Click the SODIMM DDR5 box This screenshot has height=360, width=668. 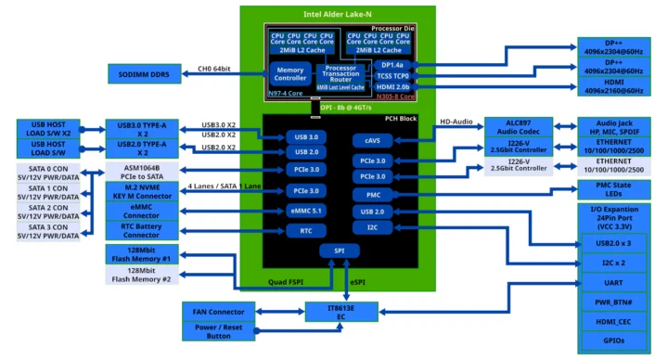pos(142,73)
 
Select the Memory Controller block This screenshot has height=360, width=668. pos(290,73)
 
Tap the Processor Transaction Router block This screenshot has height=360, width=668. pos(341,74)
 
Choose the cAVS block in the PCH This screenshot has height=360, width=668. pos(372,141)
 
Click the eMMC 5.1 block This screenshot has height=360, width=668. pos(306,211)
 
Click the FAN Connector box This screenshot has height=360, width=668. pos(219,312)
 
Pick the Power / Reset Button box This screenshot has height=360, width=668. pos(219,330)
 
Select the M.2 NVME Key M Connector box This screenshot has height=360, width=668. pos(142,192)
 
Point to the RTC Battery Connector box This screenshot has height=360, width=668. pos(142,230)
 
